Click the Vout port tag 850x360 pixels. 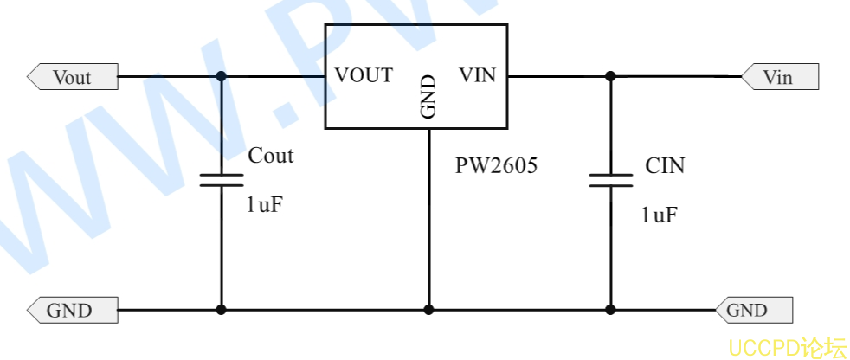73,76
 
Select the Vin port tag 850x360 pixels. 780,76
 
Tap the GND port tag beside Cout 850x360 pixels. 73,310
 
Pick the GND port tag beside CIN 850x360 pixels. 754,310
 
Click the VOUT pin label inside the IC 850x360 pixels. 364,75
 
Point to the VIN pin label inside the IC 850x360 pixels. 478,75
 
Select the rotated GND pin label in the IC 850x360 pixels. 428,97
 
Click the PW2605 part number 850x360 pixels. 496,165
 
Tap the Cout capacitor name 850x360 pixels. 271,156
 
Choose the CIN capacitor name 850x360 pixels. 665,165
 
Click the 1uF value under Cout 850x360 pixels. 265,205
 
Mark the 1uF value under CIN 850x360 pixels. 660,215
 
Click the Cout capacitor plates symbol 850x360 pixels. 222,181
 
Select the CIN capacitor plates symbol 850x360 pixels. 610,181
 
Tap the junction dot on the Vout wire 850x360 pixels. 222,76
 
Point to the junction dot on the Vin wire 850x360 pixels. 610,76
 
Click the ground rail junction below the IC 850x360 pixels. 428,310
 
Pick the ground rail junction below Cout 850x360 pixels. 222,310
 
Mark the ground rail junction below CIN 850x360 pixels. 610,310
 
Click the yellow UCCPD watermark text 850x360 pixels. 787,347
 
